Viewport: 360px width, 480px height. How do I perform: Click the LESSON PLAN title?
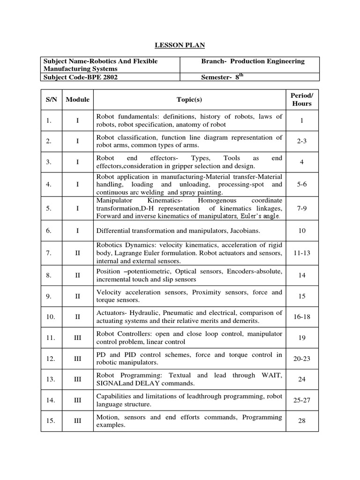(x=180, y=45)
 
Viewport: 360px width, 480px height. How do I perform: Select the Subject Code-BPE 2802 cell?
(x=80, y=77)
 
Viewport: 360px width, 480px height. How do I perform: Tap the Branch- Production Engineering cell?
(x=253, y=61)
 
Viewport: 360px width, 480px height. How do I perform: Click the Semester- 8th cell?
(x=223, y=77)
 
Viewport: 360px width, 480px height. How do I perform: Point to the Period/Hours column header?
(x=301, y=99)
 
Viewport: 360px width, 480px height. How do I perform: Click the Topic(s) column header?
(x=189, y=99)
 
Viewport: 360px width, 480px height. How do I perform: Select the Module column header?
(x=77, y=99)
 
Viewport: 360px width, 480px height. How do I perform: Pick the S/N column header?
(x=52, y=99)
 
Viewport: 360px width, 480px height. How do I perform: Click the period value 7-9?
(x=301, y=208)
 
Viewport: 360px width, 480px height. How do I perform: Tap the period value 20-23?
(x=301, y=358)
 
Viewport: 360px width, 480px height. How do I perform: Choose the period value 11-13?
(x=301, y=253)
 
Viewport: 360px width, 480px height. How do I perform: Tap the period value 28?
(x=301, y=421)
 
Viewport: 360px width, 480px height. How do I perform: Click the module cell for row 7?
(x=77, y=253)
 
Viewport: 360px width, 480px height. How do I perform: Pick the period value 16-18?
(x=301, y=317)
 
